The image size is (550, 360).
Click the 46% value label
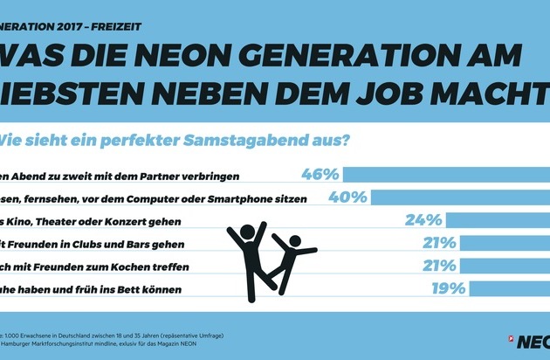click(319, 175)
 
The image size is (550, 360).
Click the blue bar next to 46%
click(445, 175)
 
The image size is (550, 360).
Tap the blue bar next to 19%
click(509, 287)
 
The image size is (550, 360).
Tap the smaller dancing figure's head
click(294, 240)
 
